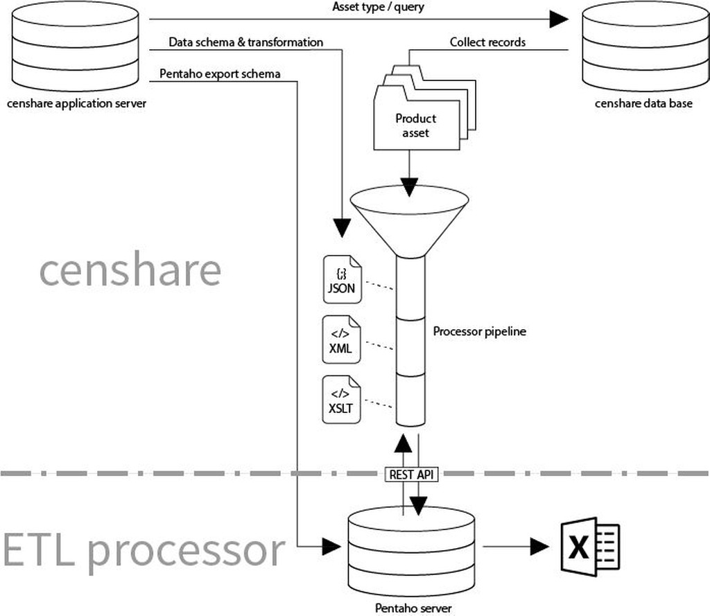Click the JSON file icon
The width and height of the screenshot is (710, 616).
click(x=342, y=279)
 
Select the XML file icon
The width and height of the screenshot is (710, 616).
click(x=342, y=340)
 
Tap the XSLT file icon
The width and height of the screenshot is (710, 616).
click(x=342, y=399)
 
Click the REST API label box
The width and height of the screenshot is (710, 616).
click(x=411, y=475)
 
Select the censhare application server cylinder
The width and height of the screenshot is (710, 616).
click(x=76, y=45)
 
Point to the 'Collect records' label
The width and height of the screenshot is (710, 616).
click(x=487, y=42)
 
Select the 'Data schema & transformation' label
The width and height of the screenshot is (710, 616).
click(x=246, y=42)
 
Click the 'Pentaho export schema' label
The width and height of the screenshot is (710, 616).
click(x=220, y=73)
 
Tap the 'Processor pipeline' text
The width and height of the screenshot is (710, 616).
click(x=480, y=331)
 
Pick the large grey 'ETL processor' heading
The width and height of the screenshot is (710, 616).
click(x=144, y=550)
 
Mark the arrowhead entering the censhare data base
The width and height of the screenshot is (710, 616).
click(x=559, y=19)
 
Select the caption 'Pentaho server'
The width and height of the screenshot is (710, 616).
click(x=413, y=608)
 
